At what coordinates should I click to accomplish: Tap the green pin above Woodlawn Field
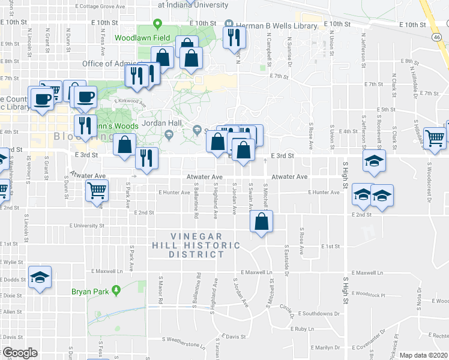point(157,25)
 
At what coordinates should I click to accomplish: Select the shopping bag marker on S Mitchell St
point(262,221)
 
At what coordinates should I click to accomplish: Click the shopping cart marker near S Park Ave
point(97,191)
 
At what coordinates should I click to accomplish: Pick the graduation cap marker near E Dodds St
point(41,277)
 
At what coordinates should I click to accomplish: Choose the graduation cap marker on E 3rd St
point(374,161)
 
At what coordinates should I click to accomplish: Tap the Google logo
point(19,352)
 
